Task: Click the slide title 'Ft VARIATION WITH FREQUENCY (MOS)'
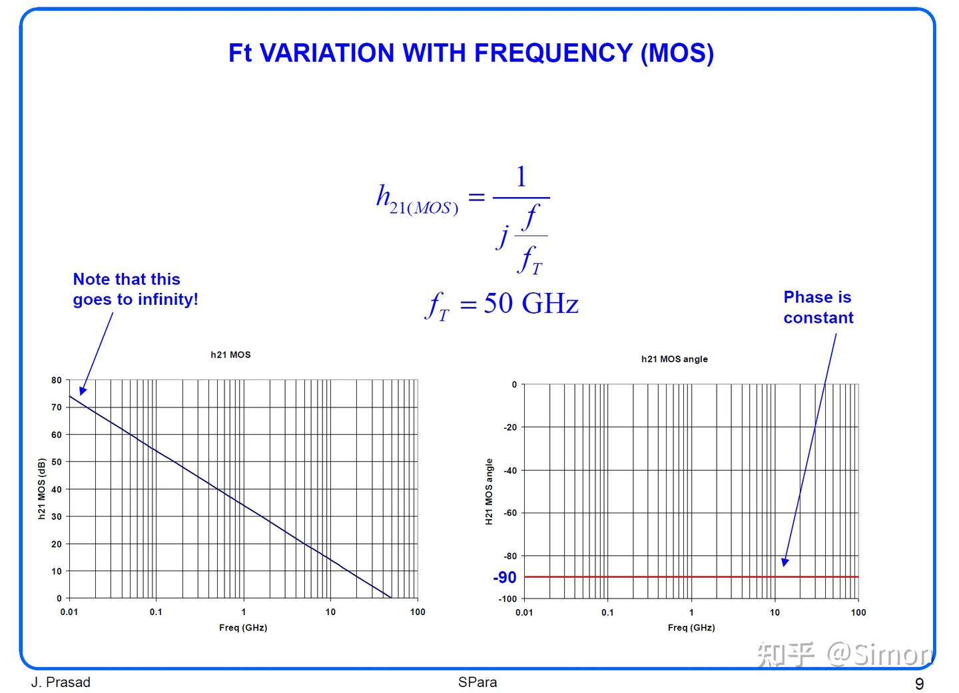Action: (471, 53)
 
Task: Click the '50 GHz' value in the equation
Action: (530, 304)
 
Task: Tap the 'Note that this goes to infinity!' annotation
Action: (135, 289)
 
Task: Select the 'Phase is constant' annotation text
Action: (818, 307)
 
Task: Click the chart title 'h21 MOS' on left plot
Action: (230, 355)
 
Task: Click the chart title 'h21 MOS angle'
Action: (674, 359)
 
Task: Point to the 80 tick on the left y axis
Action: (57, 380)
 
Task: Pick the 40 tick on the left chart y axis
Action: (57, 489)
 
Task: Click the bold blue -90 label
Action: (504, 577)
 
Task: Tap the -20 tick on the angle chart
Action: (510, 427)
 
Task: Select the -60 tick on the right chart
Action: (510, 513)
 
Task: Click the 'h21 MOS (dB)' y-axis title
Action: (41, 489)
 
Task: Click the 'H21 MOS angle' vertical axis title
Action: (489, 492)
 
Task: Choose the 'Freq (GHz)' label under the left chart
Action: (243, 628)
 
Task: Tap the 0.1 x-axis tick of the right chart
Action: (607, 612)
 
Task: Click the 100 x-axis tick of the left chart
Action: (418, 612)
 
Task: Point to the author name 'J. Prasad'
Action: (61, 682)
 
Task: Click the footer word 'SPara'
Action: (477, 682)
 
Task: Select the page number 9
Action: (920, 684)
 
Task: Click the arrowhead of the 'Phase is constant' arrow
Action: (785, 562)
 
